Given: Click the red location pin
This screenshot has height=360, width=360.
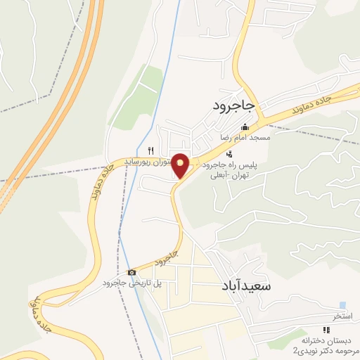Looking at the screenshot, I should pyautogui.click(x=181, y=165).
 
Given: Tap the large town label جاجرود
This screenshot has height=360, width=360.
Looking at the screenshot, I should pyautogui.click(x=237, y=105).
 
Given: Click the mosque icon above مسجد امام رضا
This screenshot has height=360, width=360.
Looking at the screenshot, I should pyautogui.click(x=244, y=127).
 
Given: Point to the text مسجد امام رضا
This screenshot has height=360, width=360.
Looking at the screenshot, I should pyautogui.click(x=245, y=138).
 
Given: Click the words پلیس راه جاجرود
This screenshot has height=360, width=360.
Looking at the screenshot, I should pyautogui.click(x=231, y=165).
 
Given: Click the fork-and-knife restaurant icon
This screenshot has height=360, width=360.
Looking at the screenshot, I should pyautogui.click(x=150, y=150).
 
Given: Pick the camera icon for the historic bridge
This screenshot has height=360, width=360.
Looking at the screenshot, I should pyautogui.click(x=131, y=272).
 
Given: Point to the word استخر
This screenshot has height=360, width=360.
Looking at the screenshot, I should pyautogui.click(x=342, y=318).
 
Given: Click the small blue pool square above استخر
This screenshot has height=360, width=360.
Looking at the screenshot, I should pyautogui.click(x=342, y=305).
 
